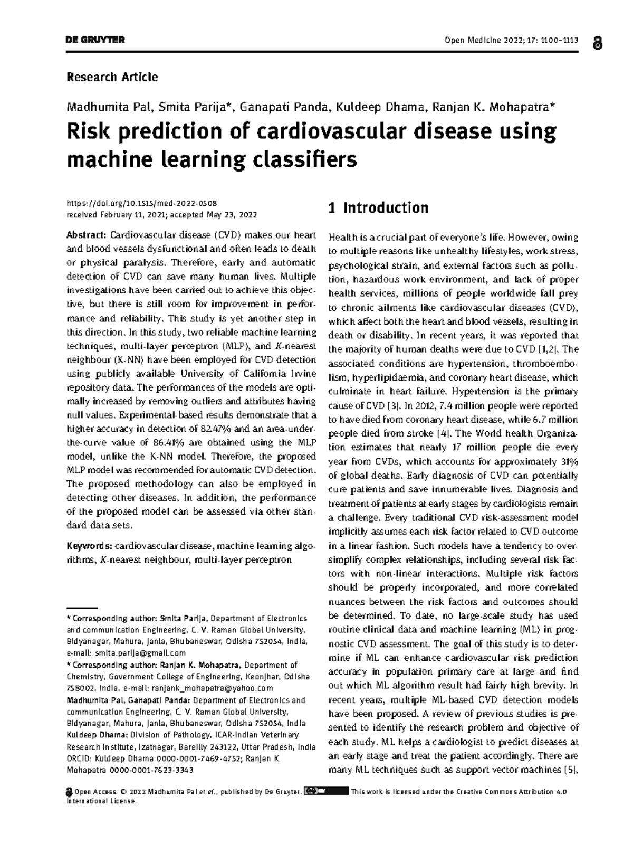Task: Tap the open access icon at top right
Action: click(x=597, y=43)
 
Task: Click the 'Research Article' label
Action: click(x=112, y=77)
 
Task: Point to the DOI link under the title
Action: click(x=142, y=203)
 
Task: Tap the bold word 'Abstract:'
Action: click(x=87, y=235)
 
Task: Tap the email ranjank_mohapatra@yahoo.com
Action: click(x=213, y=688)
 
